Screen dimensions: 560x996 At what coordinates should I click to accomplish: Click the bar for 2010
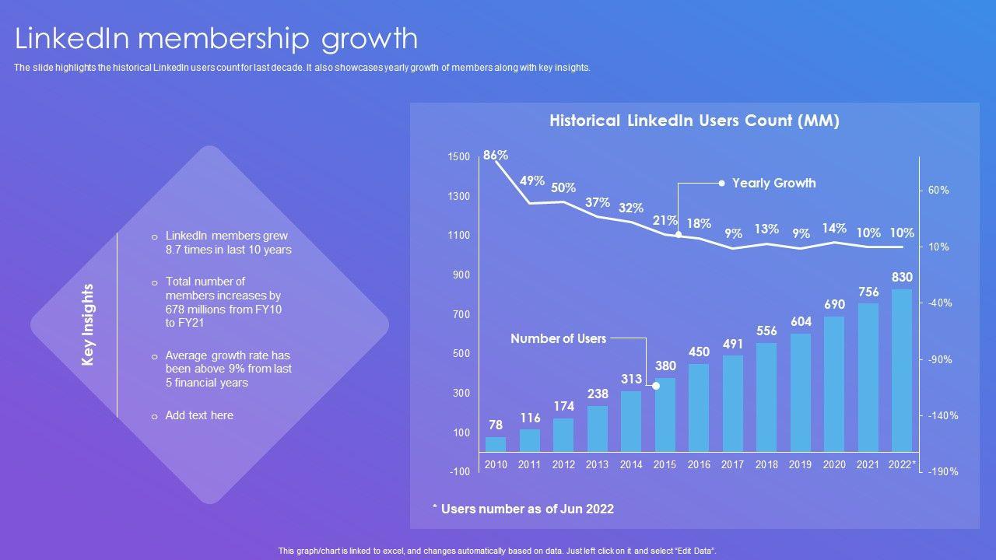(x=496, y=444)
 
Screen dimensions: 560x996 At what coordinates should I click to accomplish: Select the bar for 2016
(x=699, y=408)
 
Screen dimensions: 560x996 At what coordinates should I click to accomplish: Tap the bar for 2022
(x=902, y=370)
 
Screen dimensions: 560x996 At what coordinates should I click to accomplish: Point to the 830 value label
(x=902, y=278)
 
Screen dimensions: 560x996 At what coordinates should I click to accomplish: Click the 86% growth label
(x=496, y=156)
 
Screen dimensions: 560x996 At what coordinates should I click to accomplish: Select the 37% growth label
(x=598, y=202)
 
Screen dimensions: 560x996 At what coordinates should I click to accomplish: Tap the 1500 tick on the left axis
(x=459, y=157)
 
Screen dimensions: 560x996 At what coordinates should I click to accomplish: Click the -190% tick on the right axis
(x=942, y=472)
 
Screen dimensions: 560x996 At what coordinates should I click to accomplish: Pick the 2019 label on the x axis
(x=800, y=464)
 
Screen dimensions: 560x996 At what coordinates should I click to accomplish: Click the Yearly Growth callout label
(x=773, y=184)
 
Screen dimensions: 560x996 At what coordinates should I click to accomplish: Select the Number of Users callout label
(x=558, y=339)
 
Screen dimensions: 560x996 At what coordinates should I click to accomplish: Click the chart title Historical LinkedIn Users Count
(x=694, y=121)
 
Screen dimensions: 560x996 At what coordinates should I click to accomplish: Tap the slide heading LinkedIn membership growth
(x=216, y=38)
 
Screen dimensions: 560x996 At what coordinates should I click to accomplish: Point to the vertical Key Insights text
(x=88, y=324)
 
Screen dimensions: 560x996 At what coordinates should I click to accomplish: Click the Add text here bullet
(x=199, y=415)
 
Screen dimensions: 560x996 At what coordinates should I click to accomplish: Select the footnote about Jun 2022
(x=523, y=509)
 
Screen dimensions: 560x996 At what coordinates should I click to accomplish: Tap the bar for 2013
(x=598, y=429)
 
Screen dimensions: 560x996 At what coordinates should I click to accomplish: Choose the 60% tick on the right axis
(x=938, y=191)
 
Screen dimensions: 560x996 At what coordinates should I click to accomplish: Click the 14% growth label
(x=834, y=229)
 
